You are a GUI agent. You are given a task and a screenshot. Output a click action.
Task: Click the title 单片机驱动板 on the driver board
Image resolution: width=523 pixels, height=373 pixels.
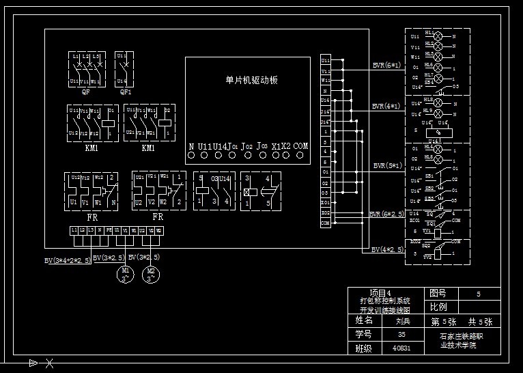[x=251, y=80]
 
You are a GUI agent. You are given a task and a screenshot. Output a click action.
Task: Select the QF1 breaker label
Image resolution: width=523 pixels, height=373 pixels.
[x=126, y=92]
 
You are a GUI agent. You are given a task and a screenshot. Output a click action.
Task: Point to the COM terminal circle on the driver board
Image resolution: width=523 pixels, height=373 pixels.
[x=302, y=156]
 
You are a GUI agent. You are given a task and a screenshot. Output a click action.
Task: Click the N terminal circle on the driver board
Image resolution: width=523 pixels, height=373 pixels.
[x=191, y=156]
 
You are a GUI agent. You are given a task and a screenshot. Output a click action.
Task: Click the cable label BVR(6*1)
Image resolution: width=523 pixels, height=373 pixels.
[x=386, y=66]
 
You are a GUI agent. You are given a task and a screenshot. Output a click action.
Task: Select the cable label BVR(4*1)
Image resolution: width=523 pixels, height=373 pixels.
[x=386, y=107]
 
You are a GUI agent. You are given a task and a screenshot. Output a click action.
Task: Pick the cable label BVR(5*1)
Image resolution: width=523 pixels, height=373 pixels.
[x=388, y=165]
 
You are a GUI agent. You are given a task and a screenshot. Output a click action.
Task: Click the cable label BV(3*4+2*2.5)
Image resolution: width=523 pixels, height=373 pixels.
[x=68, y=260]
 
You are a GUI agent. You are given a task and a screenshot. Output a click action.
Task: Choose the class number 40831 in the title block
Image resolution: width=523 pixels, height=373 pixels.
[x=401, y=348]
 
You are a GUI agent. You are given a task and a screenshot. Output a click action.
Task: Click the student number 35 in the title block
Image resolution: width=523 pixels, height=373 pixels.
[x=401, y=335]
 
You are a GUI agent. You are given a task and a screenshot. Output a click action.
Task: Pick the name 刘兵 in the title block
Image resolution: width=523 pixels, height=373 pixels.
[x=402, y=320]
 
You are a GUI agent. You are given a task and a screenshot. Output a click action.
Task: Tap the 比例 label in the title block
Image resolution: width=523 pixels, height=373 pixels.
[x=439, y=307]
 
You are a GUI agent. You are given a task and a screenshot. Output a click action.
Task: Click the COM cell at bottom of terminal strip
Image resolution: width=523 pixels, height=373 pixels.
[x=326, y=223]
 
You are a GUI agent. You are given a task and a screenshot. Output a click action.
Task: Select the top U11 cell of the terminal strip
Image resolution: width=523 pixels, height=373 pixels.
[x=326, y=61]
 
